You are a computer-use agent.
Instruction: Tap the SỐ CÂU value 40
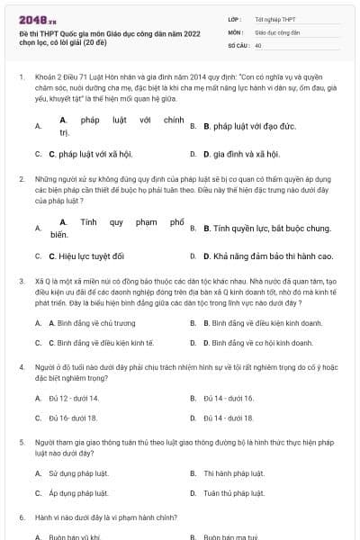tap(258, 44)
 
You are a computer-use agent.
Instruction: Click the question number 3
tap(21, 282)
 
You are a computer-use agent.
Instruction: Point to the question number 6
tap(21, 518)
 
